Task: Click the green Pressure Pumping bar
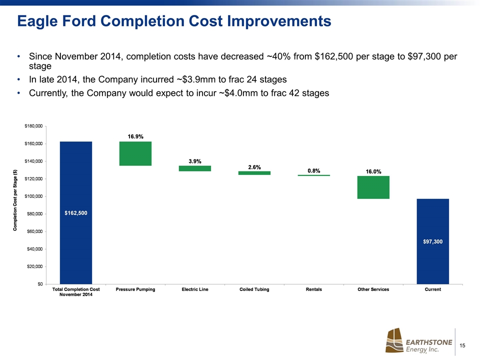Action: [135, 153]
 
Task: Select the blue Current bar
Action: [432, 241]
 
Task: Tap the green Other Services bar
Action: [373, 187]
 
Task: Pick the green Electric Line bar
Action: [194, 168]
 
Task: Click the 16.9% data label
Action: [135, 136]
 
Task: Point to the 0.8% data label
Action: [314, 170]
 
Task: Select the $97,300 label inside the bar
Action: [432, 241]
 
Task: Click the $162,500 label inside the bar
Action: [76, 213]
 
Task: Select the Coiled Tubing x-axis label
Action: [254, 290]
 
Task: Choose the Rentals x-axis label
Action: [313, 290]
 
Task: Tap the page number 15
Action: [462, 345]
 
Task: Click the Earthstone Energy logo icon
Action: [393, 341]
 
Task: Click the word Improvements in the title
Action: [280, 21]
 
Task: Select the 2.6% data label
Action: [254, 167]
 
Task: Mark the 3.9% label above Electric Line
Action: [194, 161]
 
